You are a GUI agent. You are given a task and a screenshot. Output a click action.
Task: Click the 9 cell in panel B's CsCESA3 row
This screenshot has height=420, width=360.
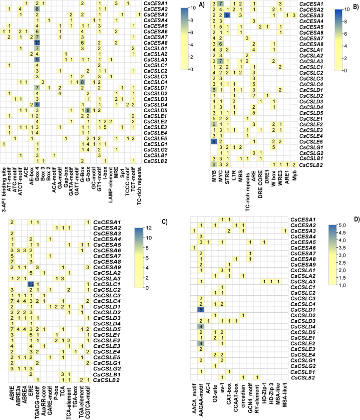pyautogui.click(x=227, y=16)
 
